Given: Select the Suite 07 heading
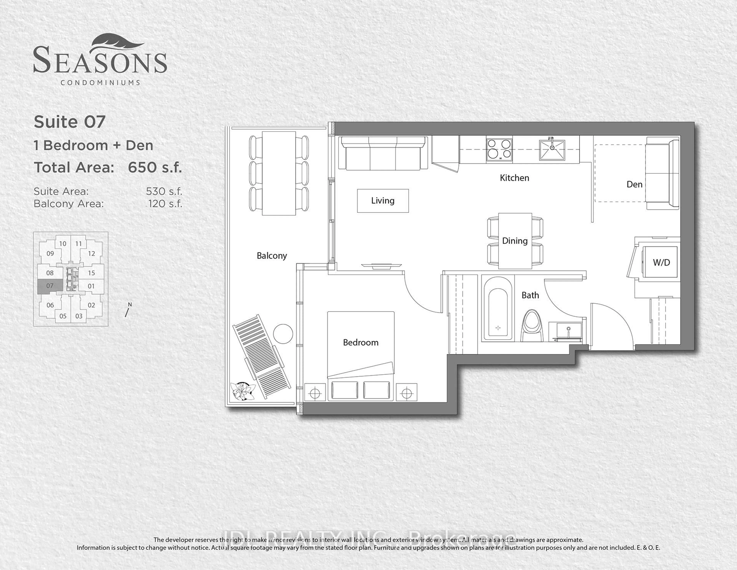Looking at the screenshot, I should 69,122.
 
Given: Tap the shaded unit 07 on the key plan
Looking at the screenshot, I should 50,286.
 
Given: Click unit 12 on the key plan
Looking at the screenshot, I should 91,254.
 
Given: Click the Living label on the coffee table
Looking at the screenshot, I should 383,201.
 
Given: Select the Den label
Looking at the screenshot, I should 634,184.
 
